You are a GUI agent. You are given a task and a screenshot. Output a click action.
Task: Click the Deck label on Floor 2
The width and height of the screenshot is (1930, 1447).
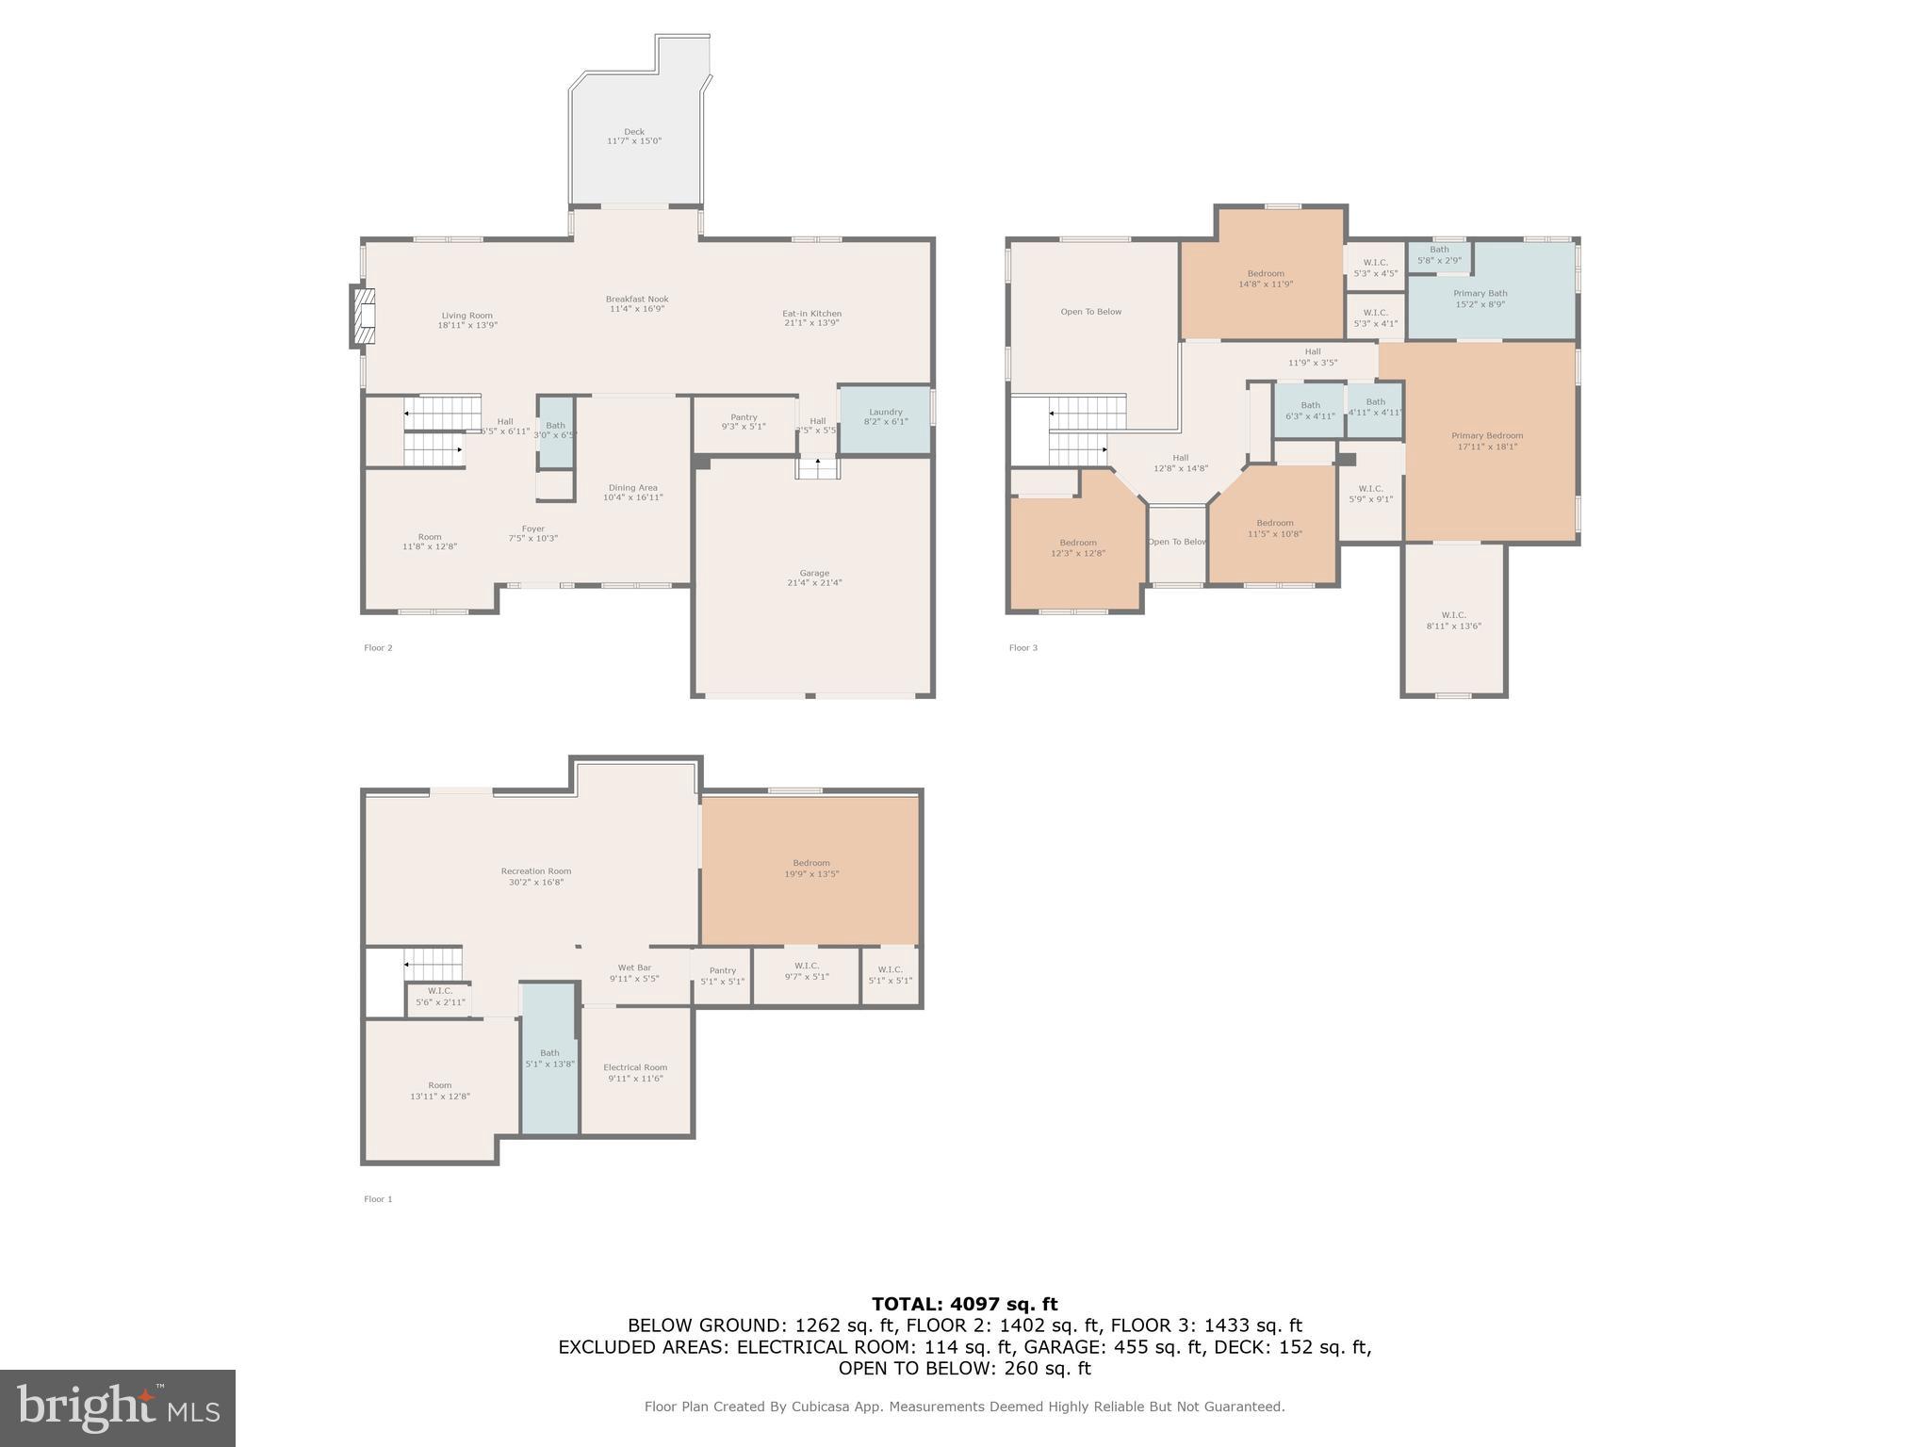click(633, 137)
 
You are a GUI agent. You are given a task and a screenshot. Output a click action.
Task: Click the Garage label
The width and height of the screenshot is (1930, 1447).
click(814, 577)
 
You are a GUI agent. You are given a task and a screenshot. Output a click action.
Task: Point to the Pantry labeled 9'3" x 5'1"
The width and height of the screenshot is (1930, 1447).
click(744, 421)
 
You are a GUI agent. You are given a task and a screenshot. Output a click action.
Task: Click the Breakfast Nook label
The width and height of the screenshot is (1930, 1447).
click(637, 303)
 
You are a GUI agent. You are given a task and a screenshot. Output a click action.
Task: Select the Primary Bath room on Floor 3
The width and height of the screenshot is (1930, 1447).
click(1480, 299)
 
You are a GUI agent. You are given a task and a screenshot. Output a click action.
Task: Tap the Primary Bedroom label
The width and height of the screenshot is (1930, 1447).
click(1486, 441)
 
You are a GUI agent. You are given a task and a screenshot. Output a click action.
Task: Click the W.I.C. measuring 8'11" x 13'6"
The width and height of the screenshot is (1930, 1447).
click(1453, 620)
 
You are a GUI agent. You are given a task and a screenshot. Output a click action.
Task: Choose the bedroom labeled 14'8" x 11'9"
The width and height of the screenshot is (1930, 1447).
click(1265, 278)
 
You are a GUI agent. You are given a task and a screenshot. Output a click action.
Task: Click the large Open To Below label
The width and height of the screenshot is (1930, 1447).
click(1090, 312)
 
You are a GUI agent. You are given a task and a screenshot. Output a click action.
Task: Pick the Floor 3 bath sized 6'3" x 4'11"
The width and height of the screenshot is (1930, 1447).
click(1310, 410)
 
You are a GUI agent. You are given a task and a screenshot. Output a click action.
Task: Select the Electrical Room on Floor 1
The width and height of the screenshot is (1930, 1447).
click(635, 1072)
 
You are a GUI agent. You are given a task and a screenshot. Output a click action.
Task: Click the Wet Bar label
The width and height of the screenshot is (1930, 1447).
click(634, 972)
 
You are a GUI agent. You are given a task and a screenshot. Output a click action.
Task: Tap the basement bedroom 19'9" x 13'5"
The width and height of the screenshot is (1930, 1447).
click(810, 868)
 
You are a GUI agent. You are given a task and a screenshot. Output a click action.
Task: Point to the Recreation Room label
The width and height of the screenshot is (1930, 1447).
click(535, 876)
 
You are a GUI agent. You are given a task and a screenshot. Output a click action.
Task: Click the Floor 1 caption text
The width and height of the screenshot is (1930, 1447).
click(378, 1199)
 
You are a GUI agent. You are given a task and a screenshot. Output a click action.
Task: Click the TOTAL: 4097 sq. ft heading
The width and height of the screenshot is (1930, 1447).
click(964, 1304)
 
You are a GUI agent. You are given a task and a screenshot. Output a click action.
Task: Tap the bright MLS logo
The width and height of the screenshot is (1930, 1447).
click(118, 1407)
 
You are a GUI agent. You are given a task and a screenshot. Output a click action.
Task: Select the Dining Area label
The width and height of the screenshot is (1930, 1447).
click(632, 492)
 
